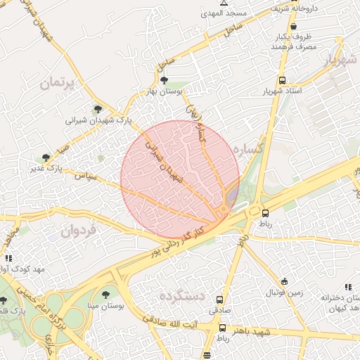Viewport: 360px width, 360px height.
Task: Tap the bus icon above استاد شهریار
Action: coord(282,80)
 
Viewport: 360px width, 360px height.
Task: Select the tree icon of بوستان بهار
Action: coord(165,81)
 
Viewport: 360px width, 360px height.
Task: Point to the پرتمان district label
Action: coord(58,82)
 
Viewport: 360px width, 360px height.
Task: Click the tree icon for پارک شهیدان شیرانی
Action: coord(98,108)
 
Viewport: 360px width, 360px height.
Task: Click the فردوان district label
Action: coord(77,230)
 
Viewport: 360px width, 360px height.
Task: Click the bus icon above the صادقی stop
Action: coord(220,299)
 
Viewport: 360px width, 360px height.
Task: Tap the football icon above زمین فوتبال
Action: coord(284,281)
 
